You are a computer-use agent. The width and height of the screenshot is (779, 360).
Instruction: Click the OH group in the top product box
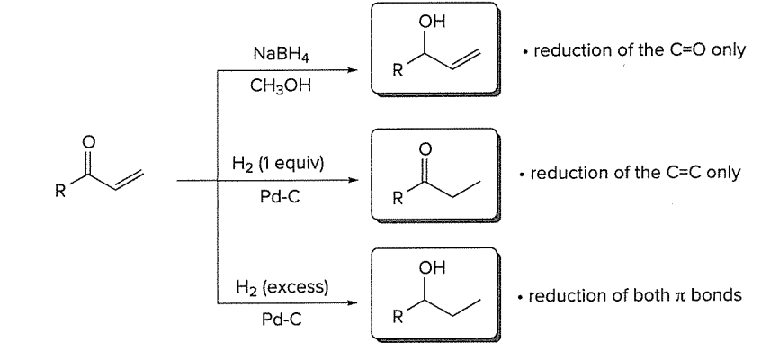coord(439,22)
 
